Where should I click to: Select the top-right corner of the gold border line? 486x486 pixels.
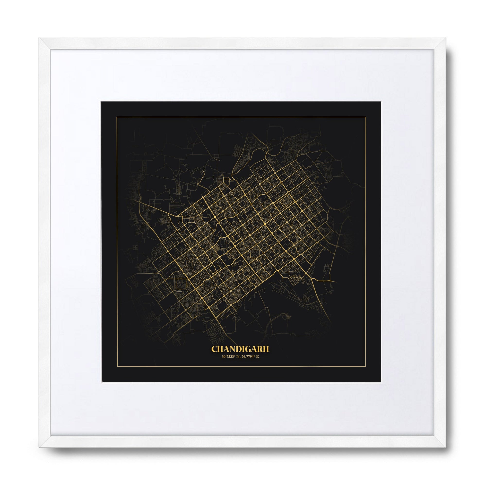pos(365,117)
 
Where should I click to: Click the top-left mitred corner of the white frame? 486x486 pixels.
pos(40,38)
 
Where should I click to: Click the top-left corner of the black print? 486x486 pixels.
pos(101,102)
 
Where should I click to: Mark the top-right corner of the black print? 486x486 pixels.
pos(381,102)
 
